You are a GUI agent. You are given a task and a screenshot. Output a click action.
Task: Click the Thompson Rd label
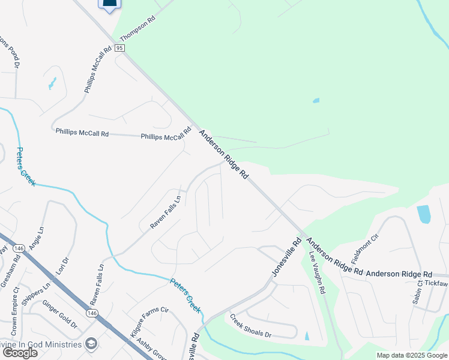pos(138,28)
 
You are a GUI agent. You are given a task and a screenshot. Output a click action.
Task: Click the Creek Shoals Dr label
pos(251,328)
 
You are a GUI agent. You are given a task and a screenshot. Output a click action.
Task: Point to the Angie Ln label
pos(36,238)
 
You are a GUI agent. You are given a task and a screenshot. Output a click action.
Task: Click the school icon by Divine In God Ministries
pos(91,343)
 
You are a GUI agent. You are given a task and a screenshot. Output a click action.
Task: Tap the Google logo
pos(20,353)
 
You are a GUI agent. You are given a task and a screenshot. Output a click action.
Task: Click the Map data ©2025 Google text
pos(412,356)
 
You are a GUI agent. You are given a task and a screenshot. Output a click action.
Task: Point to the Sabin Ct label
pos(417,294)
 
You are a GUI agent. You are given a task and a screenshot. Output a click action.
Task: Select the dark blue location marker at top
pos(109,5)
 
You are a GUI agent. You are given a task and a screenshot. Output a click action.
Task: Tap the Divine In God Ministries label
pos(41,344)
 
